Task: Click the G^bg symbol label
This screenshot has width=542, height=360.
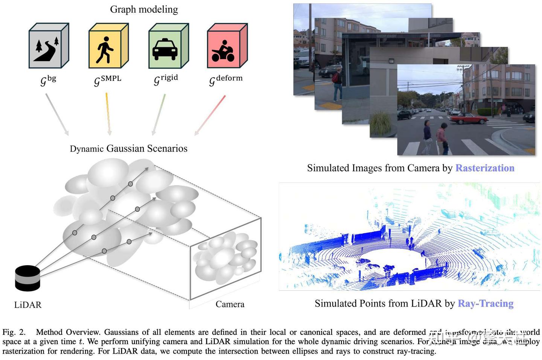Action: (x=48, y=80)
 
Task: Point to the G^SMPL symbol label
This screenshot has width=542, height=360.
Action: (x=107, y=80)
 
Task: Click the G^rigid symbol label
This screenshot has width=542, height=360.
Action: (x=166, y=79)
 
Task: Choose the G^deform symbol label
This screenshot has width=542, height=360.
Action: (x=225, y=79)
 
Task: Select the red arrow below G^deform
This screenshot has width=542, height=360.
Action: (x=210, y=115)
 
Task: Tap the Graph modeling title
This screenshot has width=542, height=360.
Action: (x=144, y=9)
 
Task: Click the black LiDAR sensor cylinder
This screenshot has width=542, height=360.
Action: (x=27, y=278)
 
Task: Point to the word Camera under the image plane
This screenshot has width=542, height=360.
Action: (x=230, y=304)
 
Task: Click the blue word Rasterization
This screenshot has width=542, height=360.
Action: (x=485, y=168)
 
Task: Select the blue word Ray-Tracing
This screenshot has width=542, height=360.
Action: (x=486, y=304)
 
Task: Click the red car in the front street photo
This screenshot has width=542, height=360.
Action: (x=468, y=119)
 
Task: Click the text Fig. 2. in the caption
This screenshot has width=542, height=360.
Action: (x=14, y=332)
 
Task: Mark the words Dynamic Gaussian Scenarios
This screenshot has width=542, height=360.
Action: (x=128, y=149)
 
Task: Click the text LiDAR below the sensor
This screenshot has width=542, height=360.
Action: (x=28, y=305)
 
